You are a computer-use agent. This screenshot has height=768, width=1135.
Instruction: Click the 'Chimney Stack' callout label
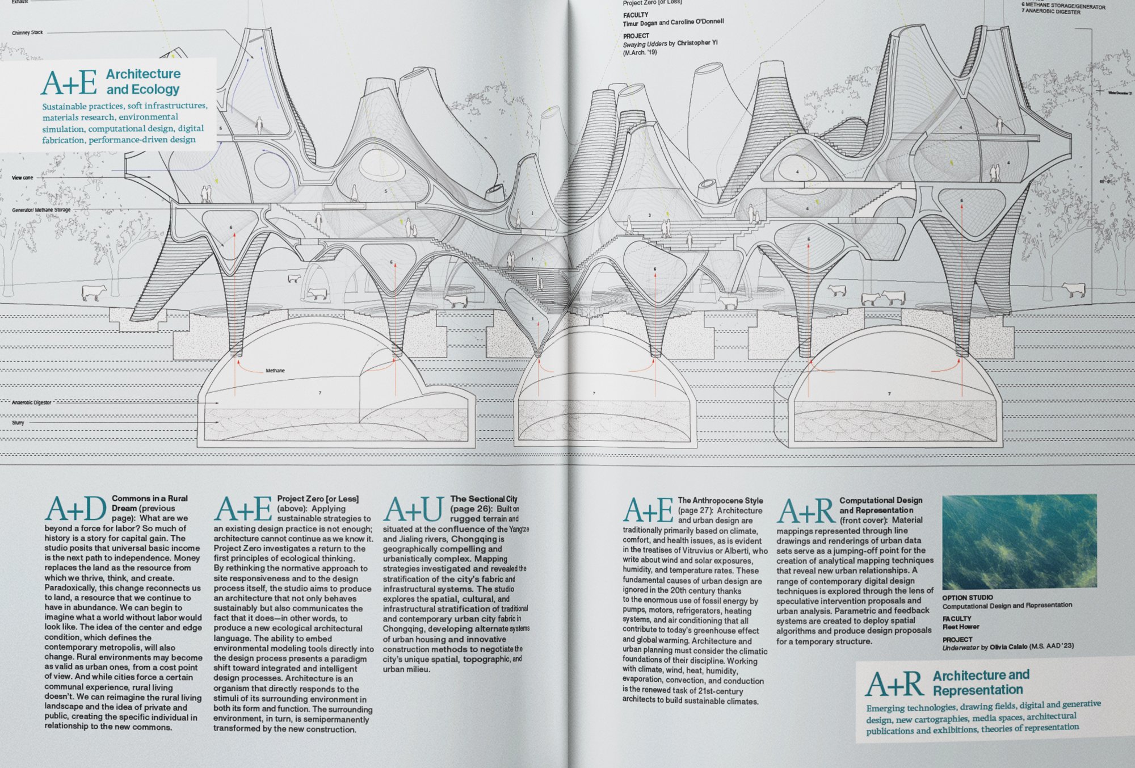[27, 33]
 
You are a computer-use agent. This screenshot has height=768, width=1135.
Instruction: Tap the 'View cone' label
[23, 178]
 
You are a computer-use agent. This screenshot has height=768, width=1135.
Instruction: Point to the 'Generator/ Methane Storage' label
[41, 210]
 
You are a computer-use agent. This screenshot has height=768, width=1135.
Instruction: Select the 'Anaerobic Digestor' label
[32, 402]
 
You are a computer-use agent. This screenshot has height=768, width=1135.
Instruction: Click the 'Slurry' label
[18, 423]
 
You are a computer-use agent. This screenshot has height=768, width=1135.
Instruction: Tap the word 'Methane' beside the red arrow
[275, 371]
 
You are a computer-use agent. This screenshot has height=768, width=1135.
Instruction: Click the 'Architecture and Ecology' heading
[143, 82]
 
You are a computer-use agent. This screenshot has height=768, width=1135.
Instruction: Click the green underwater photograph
[1019, 542]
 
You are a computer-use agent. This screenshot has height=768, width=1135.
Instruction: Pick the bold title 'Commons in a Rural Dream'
[149, 503]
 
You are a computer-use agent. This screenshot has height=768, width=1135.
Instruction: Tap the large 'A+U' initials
[413, 509]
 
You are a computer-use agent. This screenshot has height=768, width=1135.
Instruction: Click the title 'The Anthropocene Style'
[720, 501]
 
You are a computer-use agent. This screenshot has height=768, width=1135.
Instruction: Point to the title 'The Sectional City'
[484, 499]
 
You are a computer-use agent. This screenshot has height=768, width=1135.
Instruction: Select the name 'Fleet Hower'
[961, 627]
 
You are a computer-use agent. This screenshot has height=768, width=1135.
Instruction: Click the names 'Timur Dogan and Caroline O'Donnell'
[673, 23]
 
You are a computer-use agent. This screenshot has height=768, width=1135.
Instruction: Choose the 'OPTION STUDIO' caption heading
[967, 598]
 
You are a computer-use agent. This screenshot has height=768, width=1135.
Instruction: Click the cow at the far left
[94, 292]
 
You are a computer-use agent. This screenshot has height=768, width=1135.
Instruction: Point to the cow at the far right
[1074, 289]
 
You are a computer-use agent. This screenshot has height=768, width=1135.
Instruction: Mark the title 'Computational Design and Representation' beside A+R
[881, 505]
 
